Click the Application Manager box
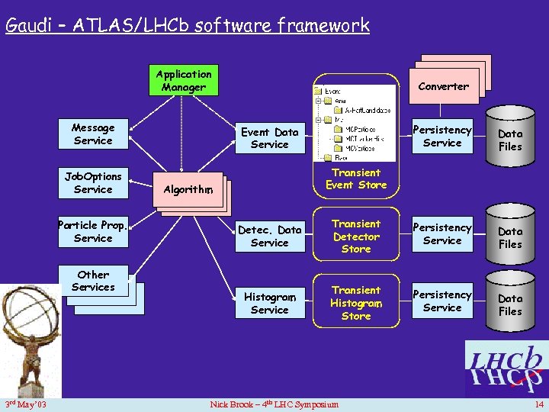[x=183, y=80]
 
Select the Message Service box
[x=93, y=134]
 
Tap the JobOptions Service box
[x=93, y=183]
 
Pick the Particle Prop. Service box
[x=93, y=232]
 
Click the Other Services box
[x=93, y=281]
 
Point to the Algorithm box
[x=187, y=188]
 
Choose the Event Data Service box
[x=269, y=138]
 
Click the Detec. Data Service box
[x=269, y=236]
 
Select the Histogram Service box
[x=269, y=303]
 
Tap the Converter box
[x=443, y=86]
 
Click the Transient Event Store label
[x=356, y=179]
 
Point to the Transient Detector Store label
[x=356, y=237]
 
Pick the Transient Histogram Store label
[x=356, y=303]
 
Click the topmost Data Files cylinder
[x=510, y=139]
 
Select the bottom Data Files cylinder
[x=510, y=304]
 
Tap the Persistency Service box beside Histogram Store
[x=442, y=301]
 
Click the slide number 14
[x=539, y=404]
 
